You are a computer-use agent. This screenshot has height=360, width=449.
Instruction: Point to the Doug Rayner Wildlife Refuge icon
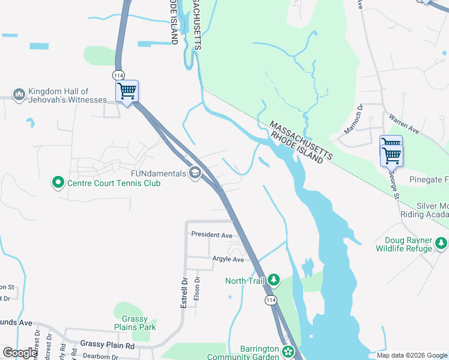(441, 244)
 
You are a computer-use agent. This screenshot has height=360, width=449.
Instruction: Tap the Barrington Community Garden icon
(289, 352)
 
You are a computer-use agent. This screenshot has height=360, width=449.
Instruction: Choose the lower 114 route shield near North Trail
(272, 299)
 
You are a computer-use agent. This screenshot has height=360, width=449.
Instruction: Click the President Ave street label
(211, 236)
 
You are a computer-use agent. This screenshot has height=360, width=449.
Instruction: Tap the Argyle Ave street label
(228, 259)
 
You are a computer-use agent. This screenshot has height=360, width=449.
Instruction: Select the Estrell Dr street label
(184, 292)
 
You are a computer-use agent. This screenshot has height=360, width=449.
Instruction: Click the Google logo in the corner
(20, 353)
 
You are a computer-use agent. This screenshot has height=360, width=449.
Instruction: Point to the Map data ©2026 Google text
(411, 355)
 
